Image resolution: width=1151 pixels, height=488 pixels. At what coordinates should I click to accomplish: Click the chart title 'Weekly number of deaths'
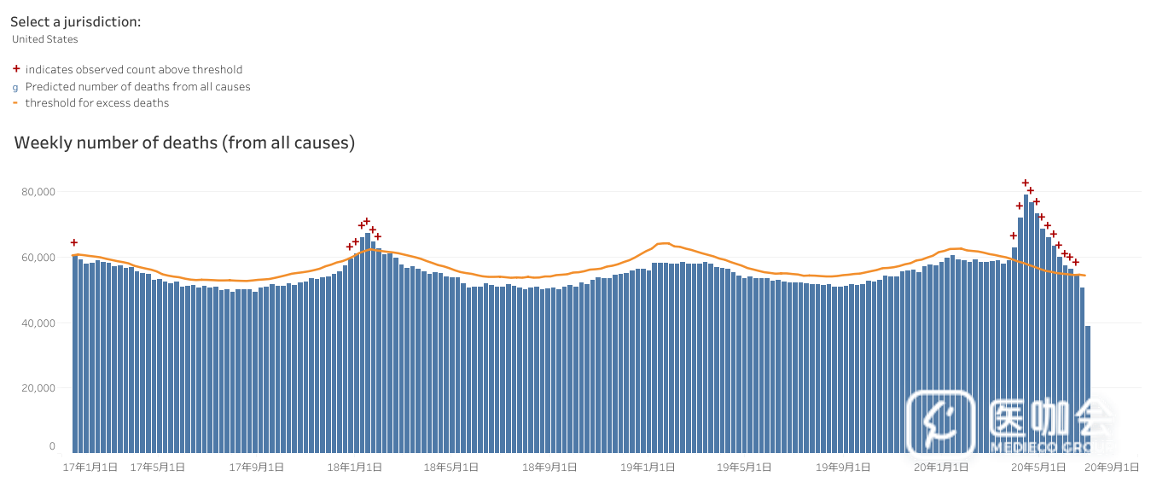(184, 143)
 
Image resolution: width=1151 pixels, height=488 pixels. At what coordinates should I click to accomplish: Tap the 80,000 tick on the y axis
(39, 192)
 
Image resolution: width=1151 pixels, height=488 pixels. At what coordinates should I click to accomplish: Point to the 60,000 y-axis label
(39, 258)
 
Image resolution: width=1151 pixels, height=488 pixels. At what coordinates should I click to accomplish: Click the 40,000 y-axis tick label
(39, 323)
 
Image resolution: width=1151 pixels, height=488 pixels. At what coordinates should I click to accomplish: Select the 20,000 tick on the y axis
(39, 388)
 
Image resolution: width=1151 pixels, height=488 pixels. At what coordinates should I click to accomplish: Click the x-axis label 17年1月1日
(90, 468)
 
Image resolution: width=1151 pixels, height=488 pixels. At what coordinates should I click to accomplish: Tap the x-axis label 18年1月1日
(355, 468)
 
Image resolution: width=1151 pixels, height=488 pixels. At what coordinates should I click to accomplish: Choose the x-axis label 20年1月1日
(941, 468)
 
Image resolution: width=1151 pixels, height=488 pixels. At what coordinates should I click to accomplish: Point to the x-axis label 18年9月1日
(549, 468)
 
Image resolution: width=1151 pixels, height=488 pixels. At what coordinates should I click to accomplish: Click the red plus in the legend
(16, 69)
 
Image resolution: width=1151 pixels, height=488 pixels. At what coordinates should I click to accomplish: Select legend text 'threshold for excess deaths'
(97, 103)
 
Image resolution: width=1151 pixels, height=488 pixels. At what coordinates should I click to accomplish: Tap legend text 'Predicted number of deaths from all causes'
(138, 87)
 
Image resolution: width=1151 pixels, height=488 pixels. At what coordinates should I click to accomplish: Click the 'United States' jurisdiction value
(45, 39)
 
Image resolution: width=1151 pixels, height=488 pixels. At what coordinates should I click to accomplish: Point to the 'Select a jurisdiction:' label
(76, 22)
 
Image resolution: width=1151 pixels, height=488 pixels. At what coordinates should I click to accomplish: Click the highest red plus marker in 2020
(1026, 183)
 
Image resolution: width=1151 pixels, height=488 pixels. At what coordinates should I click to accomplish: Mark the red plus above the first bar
(74, 242)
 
